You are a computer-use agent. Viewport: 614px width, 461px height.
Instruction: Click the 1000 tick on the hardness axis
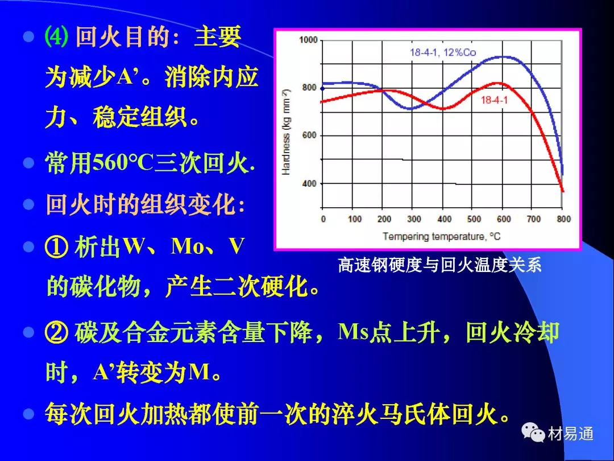point(308,40)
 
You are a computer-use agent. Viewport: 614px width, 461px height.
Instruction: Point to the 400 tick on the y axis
point(309,183)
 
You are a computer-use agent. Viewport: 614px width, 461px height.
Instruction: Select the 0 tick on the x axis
point(323,219)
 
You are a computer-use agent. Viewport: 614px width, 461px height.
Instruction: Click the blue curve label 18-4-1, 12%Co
point(443,52)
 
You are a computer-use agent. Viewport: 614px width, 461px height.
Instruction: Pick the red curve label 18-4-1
point(494,100)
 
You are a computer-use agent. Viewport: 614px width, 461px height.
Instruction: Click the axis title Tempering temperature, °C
point(442,236)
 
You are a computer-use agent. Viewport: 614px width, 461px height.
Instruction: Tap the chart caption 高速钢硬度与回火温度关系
point(439,265)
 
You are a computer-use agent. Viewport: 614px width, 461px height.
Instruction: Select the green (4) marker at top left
point(56,37)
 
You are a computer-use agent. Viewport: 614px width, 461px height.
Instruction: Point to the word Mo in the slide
point(184,246)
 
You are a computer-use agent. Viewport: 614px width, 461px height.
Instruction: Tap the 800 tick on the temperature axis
point(563,219)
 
